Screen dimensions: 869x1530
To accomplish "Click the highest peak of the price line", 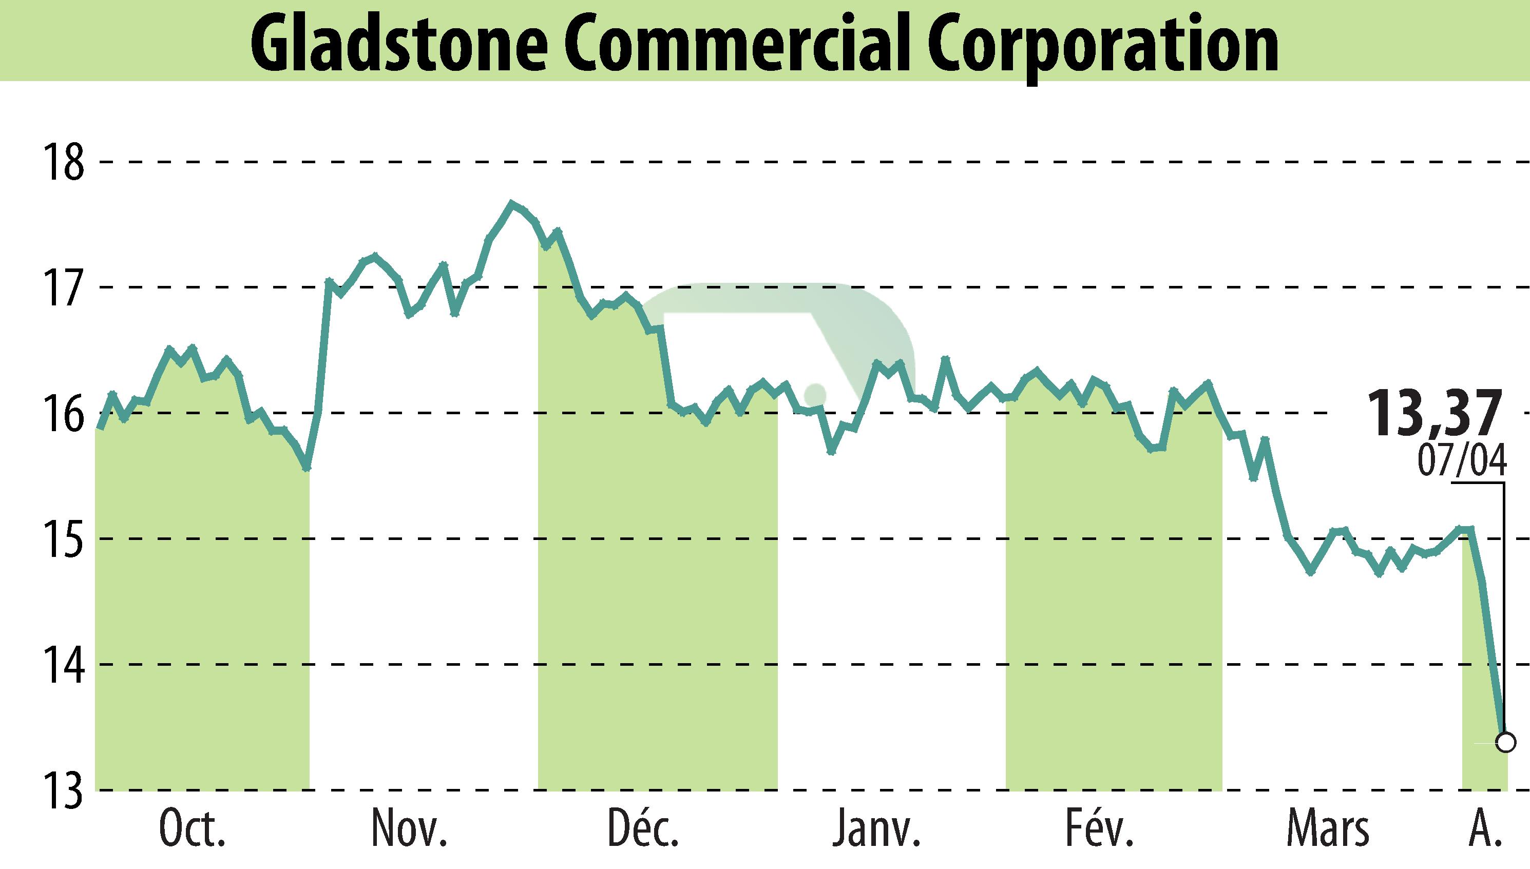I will coord(511,204).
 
